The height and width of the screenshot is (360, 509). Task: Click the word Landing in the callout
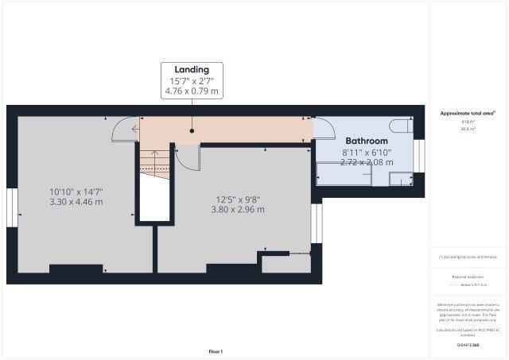click(192, 70)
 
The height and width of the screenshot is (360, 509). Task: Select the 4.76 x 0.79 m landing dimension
click(192, 91)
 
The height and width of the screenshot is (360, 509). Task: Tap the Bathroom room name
click(366, 141)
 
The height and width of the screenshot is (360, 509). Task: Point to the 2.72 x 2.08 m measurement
click(366, 162)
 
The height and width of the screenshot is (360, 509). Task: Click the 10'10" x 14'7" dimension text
click(76, 192)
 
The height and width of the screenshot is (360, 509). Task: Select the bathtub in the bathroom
click(344, 173)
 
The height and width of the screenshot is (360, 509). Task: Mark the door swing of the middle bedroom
click(186, 158)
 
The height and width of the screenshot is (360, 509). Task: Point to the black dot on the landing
click(192, 130)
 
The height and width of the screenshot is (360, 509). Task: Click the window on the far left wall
click(12, 208)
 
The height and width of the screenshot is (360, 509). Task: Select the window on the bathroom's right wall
click(419, 155)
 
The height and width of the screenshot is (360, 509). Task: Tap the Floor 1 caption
click(216, 350)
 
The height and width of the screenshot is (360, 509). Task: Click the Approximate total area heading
click(468, 113)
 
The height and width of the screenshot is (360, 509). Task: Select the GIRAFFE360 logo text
click(468, 345)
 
